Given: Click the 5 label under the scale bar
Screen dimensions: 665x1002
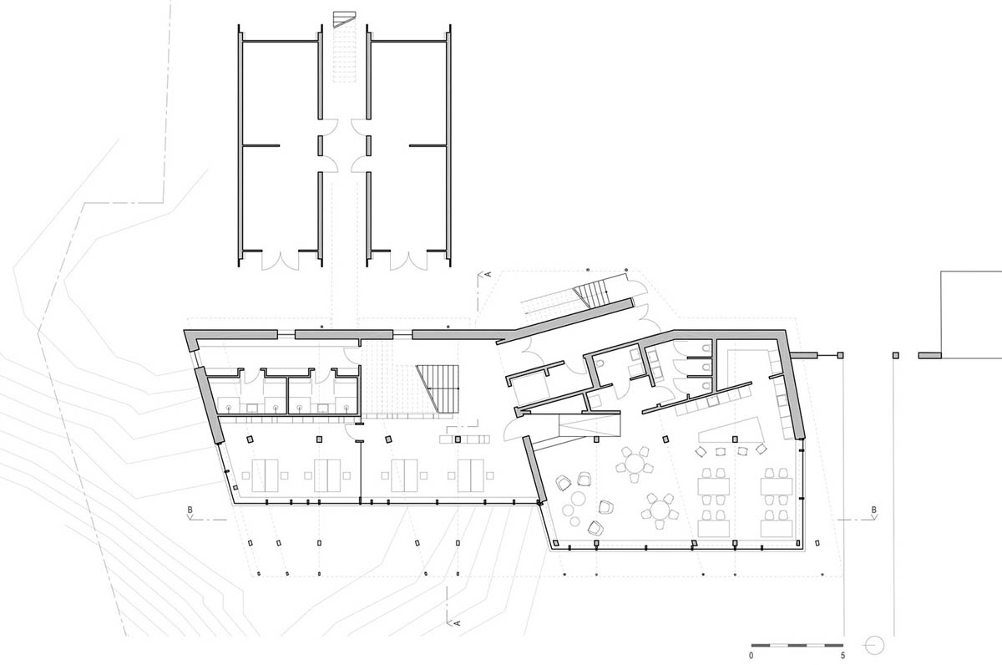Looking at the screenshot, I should point(844,656).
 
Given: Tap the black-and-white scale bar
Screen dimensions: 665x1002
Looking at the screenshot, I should point(797,645).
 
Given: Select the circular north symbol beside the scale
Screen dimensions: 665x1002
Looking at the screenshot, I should point(874,645).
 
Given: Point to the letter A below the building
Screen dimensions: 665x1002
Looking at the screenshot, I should point(458,622).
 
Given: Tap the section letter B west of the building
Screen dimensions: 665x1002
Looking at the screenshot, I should point(190,509).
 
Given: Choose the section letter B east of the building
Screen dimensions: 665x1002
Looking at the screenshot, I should point(873,509).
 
